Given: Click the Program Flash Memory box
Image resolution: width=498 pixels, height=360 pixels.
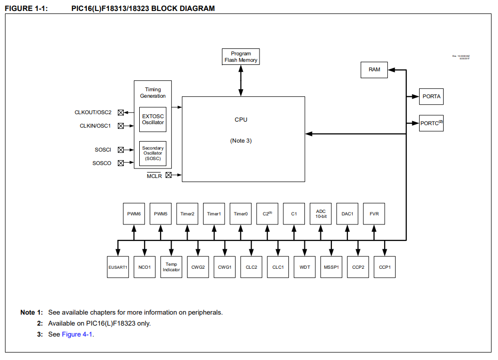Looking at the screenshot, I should [x=241, y=57].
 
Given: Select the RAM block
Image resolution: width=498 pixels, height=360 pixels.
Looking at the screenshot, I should [x=374, y=70].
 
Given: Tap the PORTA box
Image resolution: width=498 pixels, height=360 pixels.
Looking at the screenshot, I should [x=431, y=96].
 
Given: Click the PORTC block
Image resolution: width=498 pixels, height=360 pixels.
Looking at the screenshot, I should [x=431, y=123].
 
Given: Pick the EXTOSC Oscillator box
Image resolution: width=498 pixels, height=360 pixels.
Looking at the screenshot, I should [x=153, y=119].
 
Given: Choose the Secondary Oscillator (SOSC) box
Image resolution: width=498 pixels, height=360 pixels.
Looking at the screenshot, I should [x=153, y=153].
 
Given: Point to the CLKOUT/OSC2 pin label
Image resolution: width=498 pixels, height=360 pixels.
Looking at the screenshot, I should [x=93, y=113].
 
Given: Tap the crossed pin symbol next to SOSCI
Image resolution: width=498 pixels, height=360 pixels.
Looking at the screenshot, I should [x=121, y=150].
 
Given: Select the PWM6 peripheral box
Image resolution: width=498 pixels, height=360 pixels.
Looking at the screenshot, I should [x=134, y=213].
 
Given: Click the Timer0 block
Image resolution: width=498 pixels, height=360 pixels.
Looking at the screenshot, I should [x=241, y=213].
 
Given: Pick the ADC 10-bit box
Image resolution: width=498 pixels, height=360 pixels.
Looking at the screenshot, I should [x=321, y=213].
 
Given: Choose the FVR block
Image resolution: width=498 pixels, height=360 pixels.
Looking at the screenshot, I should [x=374, y=213].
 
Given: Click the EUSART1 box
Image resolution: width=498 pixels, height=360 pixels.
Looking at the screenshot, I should [x=118, y=267].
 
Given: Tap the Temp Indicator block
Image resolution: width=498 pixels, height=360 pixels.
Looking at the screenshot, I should [x=171, y=267].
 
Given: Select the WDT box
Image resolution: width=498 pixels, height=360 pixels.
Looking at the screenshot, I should [x=305, y=267].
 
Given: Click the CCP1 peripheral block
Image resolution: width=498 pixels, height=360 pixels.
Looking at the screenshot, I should [x=385, y=267].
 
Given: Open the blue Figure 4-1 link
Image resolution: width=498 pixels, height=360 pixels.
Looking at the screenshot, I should [x=77, y=334].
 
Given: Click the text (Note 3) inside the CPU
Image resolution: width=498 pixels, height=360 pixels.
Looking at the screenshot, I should [x=241, y=141].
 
